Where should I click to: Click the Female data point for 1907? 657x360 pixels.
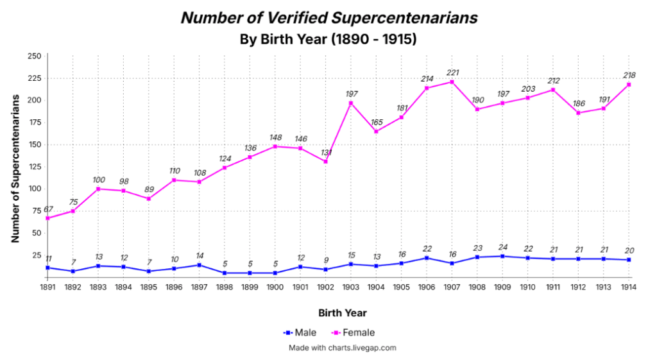point(452,82)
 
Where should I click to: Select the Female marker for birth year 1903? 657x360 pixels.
point(351,103)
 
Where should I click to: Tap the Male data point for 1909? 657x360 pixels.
point(502,256)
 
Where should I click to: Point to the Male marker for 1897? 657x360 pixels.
point(199,265)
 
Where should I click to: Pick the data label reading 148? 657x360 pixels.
point(276,137)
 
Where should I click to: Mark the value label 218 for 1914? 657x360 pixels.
point(629,75)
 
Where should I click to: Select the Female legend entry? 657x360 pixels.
point(353,332)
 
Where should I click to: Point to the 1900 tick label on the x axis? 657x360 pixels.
point(275,287)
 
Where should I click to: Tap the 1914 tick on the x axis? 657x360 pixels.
point(629,287)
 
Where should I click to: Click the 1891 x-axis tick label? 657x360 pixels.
point(47,287)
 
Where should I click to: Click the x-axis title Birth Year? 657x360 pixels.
point(343,313)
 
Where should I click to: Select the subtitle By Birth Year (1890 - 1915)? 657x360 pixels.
point(328,39)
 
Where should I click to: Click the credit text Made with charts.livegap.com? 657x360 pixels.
point(343,348)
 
